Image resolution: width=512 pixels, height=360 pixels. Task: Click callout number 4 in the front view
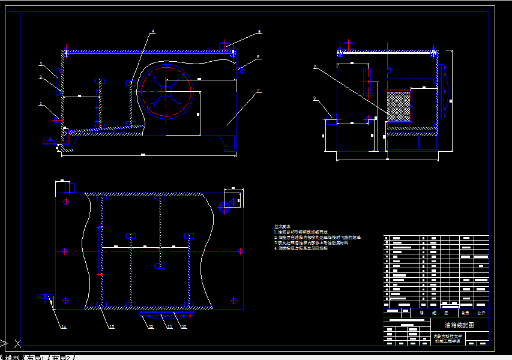tap(152, 31)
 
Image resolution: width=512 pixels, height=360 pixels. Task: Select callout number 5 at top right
tap(259, 31)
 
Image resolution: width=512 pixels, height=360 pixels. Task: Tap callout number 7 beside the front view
tap(258, 91)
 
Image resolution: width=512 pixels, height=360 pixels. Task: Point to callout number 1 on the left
tap(41, 104)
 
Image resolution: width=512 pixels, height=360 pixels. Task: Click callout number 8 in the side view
tap(315, 67)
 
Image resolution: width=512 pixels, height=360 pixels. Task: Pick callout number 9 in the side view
tap(315, 98)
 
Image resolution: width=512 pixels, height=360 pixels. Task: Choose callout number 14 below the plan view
tap(63, 327)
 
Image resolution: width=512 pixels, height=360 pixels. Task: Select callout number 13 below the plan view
tap(112, 327)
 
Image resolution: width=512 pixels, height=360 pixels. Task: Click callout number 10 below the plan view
tap(184, 327)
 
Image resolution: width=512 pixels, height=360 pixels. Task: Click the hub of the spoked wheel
tap(166, 91)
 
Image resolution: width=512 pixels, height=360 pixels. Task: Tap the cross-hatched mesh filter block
tap(398, 105)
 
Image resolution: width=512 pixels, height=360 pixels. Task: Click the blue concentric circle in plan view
tap(225, 208)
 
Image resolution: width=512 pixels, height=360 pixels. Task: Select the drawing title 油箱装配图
tap(454, 325)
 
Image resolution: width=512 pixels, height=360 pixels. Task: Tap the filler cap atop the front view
tap(225, 45)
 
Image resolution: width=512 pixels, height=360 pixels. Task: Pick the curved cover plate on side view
tap(444, 90)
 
